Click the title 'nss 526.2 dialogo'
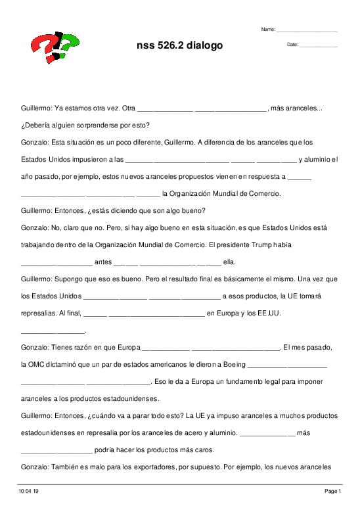point(179,45)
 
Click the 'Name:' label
point(268,30)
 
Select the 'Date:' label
point(292,44)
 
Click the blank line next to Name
point(307,30)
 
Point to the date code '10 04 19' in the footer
point(30,491)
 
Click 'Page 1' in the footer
point(332,491)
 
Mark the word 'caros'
point(204,450)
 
